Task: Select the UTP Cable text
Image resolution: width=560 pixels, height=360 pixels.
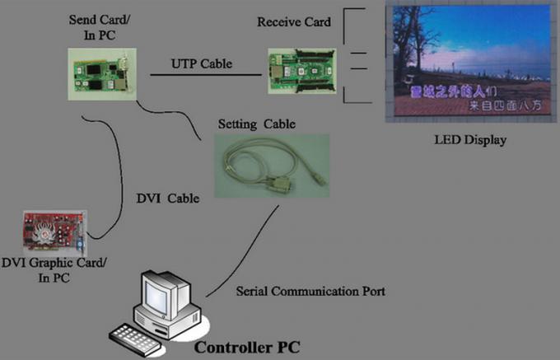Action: click(x=201, y=63)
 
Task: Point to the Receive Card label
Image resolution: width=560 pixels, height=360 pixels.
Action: click(x=294, y=22)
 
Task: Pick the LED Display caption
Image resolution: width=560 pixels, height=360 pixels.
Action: click(x=470, y=139)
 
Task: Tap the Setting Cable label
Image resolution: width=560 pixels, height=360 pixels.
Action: click(x=255, y=124)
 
